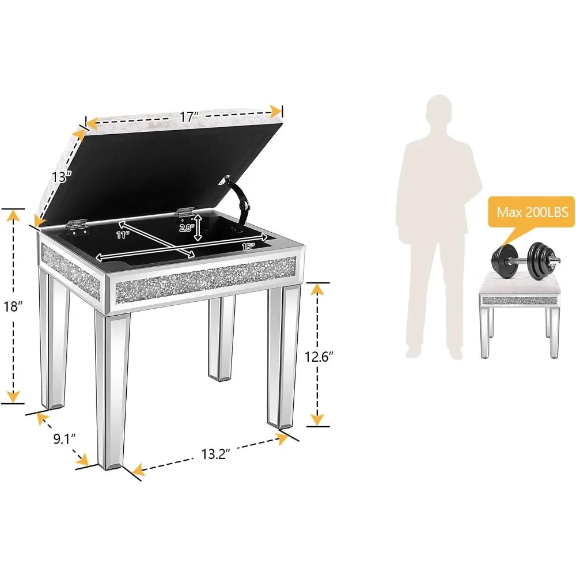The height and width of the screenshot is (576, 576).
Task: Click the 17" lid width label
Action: [x=189, y=117]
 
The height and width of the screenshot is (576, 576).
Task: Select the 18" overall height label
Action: [x=13, y=306]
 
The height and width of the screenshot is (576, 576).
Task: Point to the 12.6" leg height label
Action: [x=319, y=357]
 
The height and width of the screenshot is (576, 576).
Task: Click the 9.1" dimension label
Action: [x=65, y=438]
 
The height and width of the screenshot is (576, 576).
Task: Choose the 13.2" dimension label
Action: [x=215, y=454]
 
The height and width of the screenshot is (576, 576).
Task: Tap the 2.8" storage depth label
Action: [x=187, y=228]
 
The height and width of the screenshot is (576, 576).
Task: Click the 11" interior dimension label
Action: [x=123, y=235]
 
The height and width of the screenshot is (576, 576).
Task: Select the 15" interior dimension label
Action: [x=248, y=247]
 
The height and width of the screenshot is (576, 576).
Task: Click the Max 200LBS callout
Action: [x=532, y=212]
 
